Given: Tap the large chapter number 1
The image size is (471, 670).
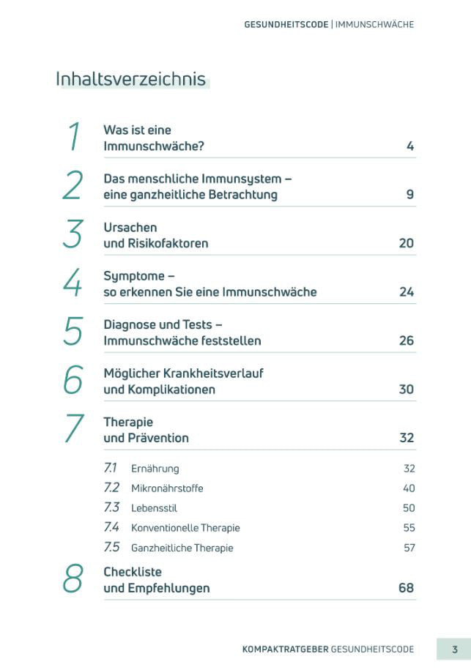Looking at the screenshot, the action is [x=73, y=137].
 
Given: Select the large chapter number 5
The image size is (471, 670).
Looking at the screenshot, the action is [x=73, y=332].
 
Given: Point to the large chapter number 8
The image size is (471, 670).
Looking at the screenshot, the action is [x=73, y=579].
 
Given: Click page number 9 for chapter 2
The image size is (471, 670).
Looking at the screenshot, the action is [x=410, y=195].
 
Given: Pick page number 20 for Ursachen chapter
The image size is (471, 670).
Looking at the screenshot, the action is [x=406, y=243].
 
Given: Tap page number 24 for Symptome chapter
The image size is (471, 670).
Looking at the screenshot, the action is [x=406, y=292].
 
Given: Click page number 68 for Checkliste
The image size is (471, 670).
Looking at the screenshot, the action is [x=406, y=588].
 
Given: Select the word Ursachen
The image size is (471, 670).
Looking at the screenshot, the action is [x=130, y=228].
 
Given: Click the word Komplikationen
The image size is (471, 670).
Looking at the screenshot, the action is [x=171, y=390].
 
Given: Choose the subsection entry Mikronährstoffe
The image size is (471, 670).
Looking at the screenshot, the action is [x=167, y=488].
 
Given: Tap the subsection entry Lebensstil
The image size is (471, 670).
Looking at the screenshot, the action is [x=154, y=508].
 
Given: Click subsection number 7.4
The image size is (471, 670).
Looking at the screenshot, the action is [x=111, y=527].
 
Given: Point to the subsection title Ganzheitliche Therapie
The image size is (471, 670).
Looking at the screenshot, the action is [x=182, y=548].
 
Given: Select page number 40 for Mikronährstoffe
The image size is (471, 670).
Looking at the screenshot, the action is [x=409, y=488].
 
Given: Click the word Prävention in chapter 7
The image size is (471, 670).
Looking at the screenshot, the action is [x=158, y=439].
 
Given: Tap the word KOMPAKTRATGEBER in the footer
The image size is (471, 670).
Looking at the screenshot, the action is [x=285, y=649].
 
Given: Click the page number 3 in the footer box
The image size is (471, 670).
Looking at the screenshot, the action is [x=454, y=649].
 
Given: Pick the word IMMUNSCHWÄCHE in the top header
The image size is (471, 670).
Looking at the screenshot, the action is [x=374, y=24].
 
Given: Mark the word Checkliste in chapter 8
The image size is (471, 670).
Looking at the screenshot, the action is [x=133, y=572].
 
